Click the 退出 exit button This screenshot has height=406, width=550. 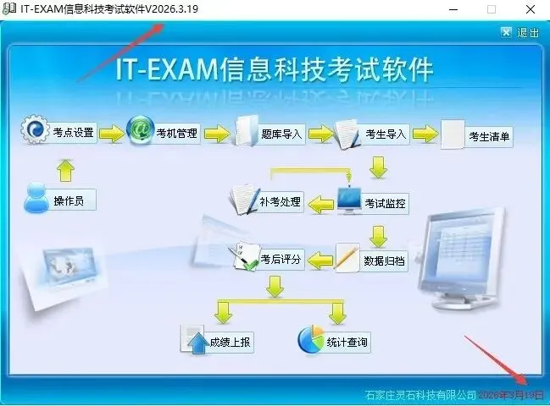coord(519,32)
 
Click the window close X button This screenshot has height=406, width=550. coord(530,9)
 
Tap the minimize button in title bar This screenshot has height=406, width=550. coord(452,9)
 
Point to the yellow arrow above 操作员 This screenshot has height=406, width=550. coord(65,170)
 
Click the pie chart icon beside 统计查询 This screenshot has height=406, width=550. coord(311,339)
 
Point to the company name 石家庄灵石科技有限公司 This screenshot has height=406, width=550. coord(419,394)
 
